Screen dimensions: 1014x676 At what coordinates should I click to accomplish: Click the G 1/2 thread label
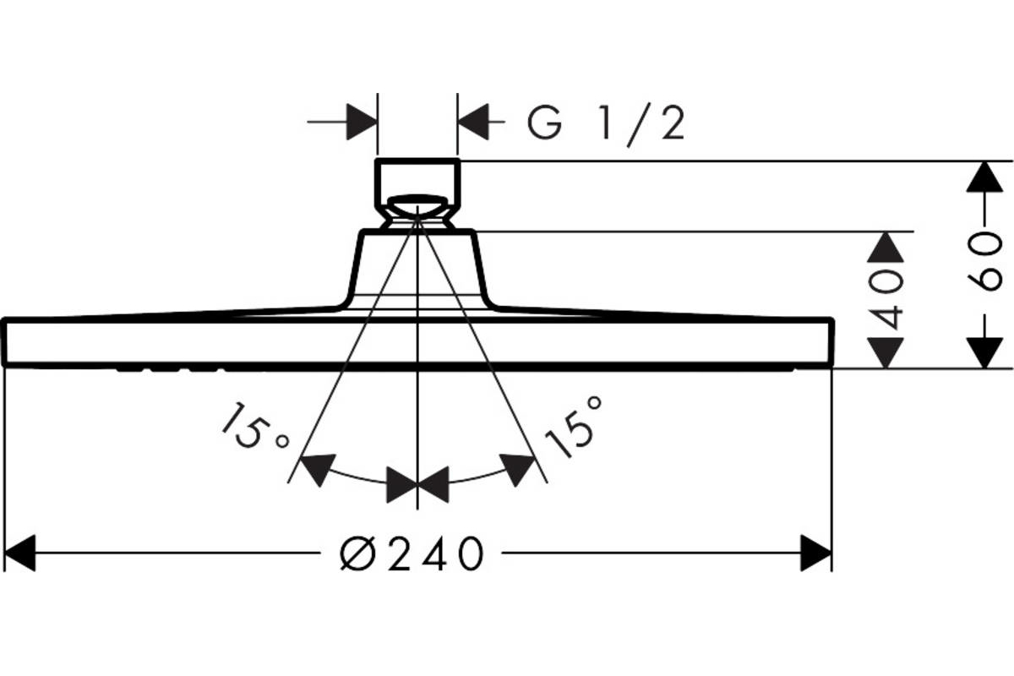(606, 124)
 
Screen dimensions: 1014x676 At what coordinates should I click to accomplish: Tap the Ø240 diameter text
(412, 553)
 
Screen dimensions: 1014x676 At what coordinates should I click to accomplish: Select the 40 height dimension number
(886, 300)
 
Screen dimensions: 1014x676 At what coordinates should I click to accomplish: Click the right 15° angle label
(575, 428)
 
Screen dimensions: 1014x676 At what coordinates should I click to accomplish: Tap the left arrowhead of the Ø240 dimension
(19, 553)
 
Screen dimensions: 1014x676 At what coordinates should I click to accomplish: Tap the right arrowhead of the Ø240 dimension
(815, 553)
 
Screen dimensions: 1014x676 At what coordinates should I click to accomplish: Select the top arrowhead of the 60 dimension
(984, 177)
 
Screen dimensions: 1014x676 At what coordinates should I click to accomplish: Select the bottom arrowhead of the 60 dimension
(984, 352)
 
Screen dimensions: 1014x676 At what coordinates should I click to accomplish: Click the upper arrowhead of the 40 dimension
(886, 248)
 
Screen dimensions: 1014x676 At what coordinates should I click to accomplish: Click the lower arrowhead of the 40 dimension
(886, 352)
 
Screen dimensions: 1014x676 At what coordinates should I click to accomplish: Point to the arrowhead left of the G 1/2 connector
(362, 122)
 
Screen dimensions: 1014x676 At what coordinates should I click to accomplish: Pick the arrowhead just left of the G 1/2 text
(473, 122)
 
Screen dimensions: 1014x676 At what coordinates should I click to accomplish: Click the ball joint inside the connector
(417, 207)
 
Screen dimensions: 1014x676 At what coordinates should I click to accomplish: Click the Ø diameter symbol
(357, 553)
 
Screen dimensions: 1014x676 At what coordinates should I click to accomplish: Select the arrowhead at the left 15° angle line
(318, 470)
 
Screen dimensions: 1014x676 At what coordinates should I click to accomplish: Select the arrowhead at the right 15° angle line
(517, 470)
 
